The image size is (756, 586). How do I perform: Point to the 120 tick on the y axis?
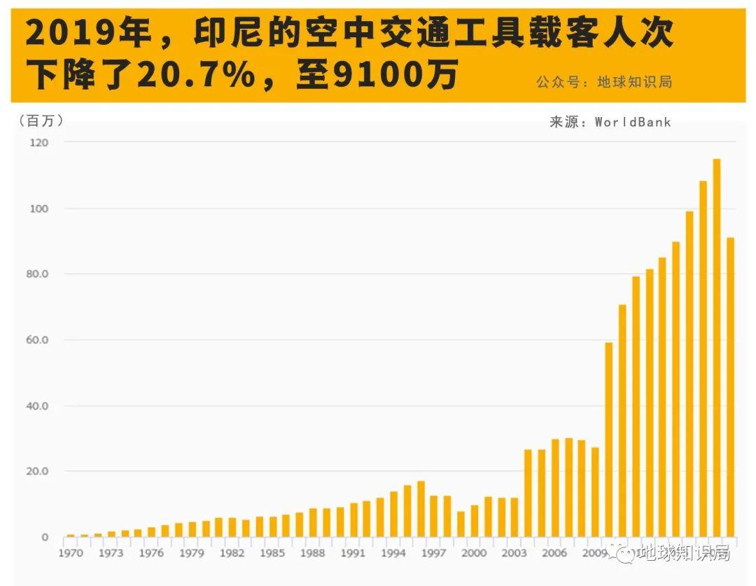pyautogui.click(x=39, y=142)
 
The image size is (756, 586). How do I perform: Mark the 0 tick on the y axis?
pyautogui.click(x=45, y=538)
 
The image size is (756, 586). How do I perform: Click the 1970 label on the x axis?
pyautogui.click(x=70, y=554)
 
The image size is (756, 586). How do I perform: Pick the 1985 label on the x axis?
pyautogui.click(x=272, y=554)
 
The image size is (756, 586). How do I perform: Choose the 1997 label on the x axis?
pyautogui.click(x=434, y=554)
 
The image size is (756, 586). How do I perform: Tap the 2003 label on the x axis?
pyautogui.click(x=514, y=554)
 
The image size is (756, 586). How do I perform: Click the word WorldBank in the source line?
pyautogui.click(x=633, y=122)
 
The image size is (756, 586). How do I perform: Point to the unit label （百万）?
pyautogui.click(x=41, y=121)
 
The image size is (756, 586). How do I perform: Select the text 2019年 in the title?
pyautogui.click(x=77, y=33)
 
